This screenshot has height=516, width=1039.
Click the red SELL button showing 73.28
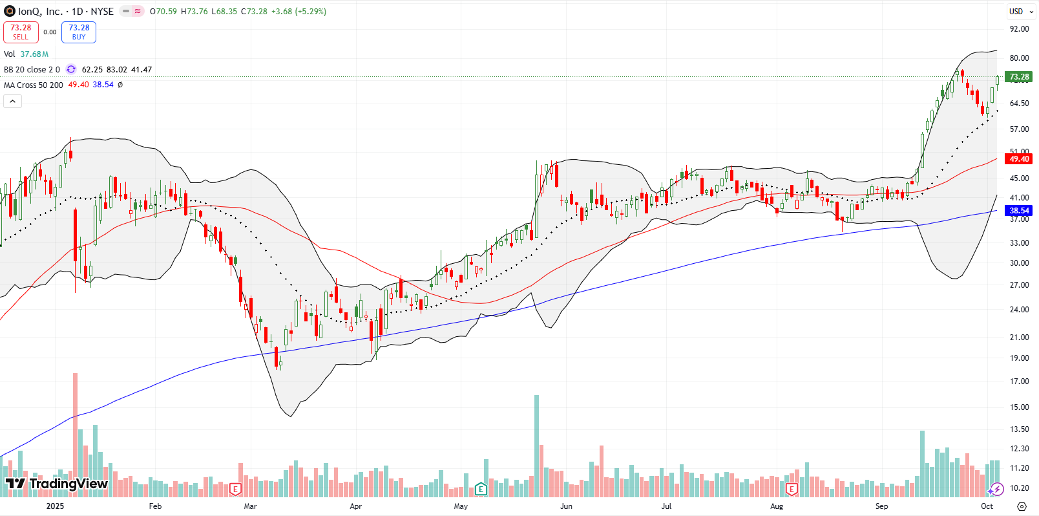click(x=21, y=32)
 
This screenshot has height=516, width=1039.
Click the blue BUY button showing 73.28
click(x=79, y=32)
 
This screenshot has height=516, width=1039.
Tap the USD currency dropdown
click(x=1020, y=11)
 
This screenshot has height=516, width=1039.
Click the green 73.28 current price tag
click(x=1019, y=77)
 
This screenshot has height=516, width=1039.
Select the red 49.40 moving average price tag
click(x=1019, y=159)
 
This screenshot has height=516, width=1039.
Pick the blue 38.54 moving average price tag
click(x=1019, y=211)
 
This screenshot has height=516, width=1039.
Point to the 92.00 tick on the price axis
click(x=1019, y=29)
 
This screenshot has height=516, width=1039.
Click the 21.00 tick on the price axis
click(x=1019, y=338)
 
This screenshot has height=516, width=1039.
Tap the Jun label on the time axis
click(x=566, y=506)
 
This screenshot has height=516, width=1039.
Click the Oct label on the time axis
click(x=987, y=506)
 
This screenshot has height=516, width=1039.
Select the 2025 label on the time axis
click(x=55, y=506)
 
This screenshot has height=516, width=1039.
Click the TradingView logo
click(x=56, y=484)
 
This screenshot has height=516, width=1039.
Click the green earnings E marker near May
click(x=480, y=489)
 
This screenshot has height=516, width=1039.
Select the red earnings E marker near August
click(x=792, y=489)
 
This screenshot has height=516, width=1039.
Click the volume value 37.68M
click(x=34, y=54)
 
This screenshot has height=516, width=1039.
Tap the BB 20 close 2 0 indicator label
click(x=32, y=70)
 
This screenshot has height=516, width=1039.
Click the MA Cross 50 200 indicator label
click(x=34, y=85)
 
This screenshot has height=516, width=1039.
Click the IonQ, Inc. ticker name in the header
click(x=40, y=12)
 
